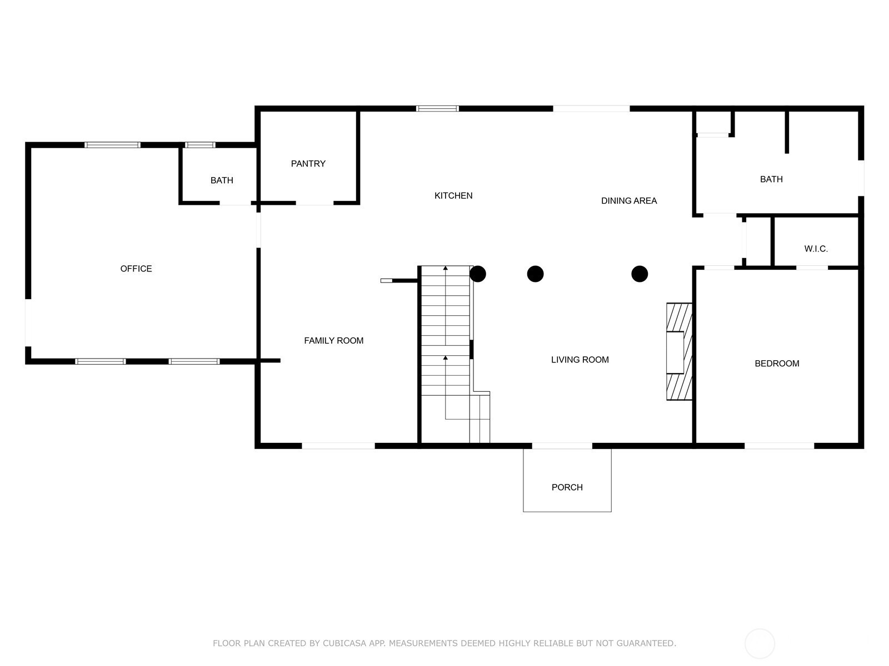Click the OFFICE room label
pos(136,269)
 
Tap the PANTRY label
pos(308,164)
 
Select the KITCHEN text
pos(453,196)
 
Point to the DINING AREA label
pos(628,201)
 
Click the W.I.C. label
pos(816,249)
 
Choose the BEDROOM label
pos(777,364)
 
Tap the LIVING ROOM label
pos(580,360)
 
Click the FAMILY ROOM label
pos(333,341)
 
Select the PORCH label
pos(567,488)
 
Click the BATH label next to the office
pos(222,180)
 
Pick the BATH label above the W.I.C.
pos(771,179)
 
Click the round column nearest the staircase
pos(478,274)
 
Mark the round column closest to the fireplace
pos(640,274)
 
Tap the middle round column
pos(535,274)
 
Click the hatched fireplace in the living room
pos(679,352)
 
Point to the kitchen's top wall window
pos(437,108)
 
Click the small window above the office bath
pos(200,145)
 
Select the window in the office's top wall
pos(112,145)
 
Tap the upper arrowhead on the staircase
pos(446,268)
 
